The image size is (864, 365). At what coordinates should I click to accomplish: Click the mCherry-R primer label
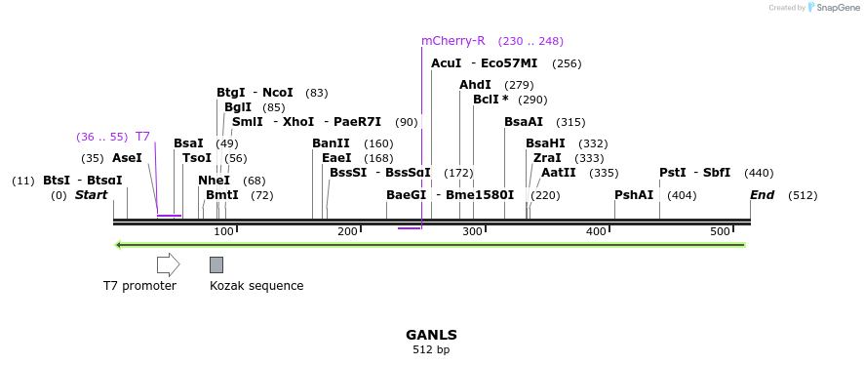point(452,41)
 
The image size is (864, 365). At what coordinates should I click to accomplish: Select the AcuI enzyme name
point(446,63)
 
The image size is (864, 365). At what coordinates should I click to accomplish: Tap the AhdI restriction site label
point(475,85)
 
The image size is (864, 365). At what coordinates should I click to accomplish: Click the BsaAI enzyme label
point(524,122)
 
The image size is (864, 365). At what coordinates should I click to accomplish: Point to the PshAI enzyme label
point(634,195)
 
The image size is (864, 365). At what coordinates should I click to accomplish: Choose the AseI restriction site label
point(127,158)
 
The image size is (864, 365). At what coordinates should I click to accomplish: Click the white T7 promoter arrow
point(168,264)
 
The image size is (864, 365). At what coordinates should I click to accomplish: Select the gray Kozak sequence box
point(216,264)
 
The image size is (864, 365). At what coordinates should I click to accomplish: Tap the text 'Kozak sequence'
point(256,286)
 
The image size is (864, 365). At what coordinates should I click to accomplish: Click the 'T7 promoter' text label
point(139,286)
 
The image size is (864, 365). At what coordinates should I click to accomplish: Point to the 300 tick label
point(472,231)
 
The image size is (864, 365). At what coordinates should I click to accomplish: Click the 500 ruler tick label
point(720,231)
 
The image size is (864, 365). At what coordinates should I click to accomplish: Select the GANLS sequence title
point(431,335)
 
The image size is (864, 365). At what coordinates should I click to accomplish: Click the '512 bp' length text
point(431,349)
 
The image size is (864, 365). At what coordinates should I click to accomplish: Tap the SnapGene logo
point(835,8)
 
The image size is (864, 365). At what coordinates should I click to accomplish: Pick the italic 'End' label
point(762,195)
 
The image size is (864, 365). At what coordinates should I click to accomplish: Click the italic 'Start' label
point(91,195)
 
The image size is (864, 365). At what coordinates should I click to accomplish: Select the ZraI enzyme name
point(547,158)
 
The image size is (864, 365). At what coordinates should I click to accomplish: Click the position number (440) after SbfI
point(759,173)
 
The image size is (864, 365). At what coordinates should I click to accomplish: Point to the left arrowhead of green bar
point(118,245)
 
